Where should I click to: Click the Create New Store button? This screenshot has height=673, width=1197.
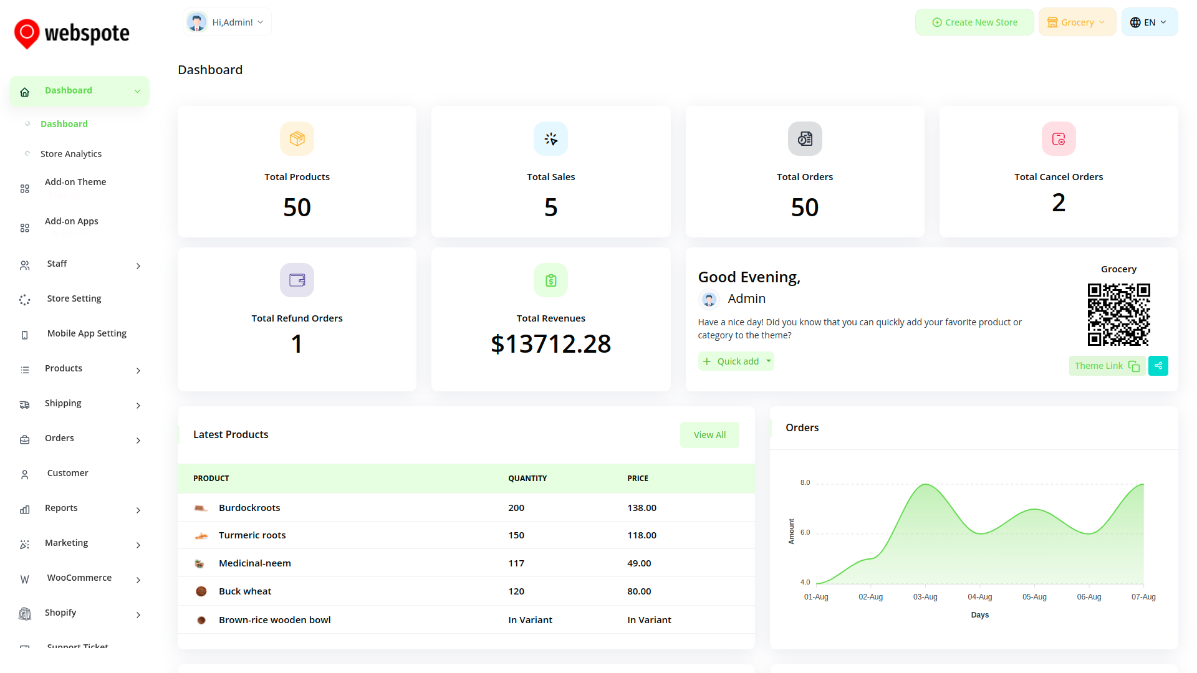click(974, 22)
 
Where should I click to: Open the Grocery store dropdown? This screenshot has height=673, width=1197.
click(1077, 22)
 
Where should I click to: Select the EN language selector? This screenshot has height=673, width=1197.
click(1149, 22)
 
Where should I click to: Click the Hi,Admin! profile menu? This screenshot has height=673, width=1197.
click(227, 22)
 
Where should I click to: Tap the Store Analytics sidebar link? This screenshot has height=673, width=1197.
click(71, 154)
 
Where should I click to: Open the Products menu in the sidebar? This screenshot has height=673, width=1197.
click(64, 368)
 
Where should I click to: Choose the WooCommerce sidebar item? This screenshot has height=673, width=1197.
click(79, 578)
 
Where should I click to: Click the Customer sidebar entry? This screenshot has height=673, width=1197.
click(67, 473)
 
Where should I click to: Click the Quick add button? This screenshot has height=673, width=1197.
click(736, 361)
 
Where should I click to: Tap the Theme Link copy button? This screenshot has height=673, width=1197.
click(1107, 366)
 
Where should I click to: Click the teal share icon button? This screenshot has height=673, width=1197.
click(1158, 366)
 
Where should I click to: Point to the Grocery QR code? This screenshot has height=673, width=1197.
click(1118, 315)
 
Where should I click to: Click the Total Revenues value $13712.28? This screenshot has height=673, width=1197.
click(550, 344)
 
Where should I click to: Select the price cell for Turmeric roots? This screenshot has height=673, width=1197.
click(642, 535)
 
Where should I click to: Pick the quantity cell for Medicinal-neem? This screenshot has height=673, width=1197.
click(516, 563)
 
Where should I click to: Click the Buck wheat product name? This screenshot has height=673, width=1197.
click(245, 591)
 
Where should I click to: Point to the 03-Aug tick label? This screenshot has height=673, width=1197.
click(925, 597)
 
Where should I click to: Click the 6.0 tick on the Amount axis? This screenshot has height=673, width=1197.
click(805, 532)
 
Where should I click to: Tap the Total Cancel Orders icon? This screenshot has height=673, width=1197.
click(1059, 139)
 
